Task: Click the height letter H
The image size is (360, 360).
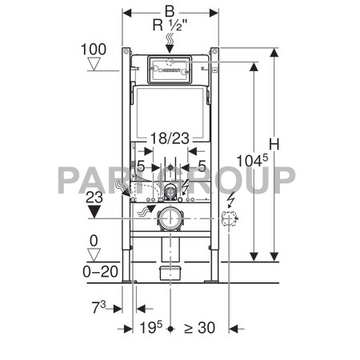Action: pyautogui.click(x=275, y=144)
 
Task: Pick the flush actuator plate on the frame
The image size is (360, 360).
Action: pyautogui.click(x=169, y=70)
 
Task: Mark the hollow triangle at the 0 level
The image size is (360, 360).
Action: pyautogui.click(x=95, y=253)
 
